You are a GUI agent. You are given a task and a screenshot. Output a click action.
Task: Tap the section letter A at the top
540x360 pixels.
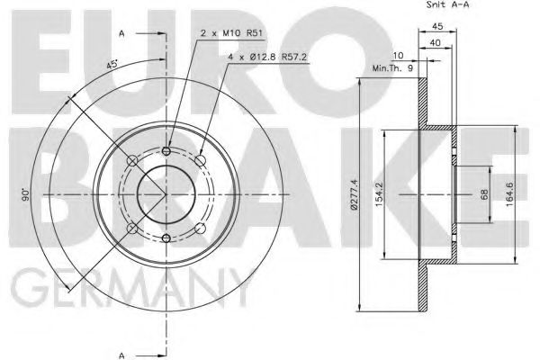(121, 33)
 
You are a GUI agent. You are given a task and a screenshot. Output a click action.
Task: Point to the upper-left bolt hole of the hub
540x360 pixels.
(133, 160)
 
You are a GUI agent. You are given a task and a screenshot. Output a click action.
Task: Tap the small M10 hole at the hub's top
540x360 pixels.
(167, 151)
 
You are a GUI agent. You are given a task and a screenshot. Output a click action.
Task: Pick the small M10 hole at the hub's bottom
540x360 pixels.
(167, 238)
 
